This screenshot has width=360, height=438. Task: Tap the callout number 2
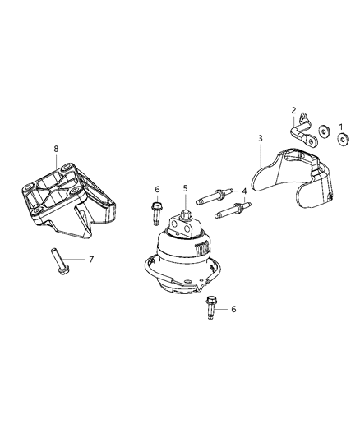(x=293, y=109)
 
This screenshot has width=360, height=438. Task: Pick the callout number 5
(x=186, y=189)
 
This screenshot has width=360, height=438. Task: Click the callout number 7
(x=91, y=259)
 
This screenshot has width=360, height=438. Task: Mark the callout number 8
(x=56, y=149)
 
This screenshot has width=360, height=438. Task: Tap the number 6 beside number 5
(x=155, y=189)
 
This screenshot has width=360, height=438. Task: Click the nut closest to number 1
(x=342, y=137)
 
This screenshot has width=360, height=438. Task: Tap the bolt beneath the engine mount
(x=212, y=307)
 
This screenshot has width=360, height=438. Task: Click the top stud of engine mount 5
(x=183, y=219)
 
